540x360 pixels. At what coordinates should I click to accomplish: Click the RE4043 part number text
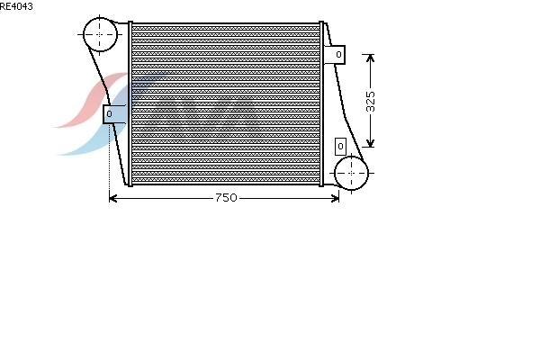(16, 6)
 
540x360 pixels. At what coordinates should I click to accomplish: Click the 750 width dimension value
(226, 198)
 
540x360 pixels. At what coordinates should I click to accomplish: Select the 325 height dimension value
(370, 102)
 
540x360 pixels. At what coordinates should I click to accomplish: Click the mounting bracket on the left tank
(114, 114)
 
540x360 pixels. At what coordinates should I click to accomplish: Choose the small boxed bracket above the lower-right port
(340, 147)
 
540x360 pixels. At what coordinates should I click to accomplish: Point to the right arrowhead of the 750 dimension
(335, 198)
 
